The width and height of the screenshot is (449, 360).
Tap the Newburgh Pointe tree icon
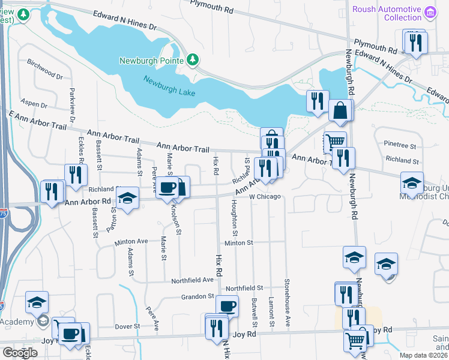193,60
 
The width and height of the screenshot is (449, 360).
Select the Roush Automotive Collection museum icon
430,12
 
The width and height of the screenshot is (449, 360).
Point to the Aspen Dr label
34,104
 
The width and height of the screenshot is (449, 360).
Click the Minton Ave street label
131,242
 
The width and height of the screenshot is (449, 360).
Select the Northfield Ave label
193,280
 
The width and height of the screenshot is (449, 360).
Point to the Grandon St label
197,296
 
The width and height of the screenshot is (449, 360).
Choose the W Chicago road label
265,197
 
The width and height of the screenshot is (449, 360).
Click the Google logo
20,353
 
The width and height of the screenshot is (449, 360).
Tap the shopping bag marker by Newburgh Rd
340,110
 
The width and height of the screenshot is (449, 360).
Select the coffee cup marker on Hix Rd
226,306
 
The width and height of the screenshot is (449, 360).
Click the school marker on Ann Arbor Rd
127,198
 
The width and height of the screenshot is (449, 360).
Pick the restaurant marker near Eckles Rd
76,175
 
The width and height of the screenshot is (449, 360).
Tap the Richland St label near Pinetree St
402,161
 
